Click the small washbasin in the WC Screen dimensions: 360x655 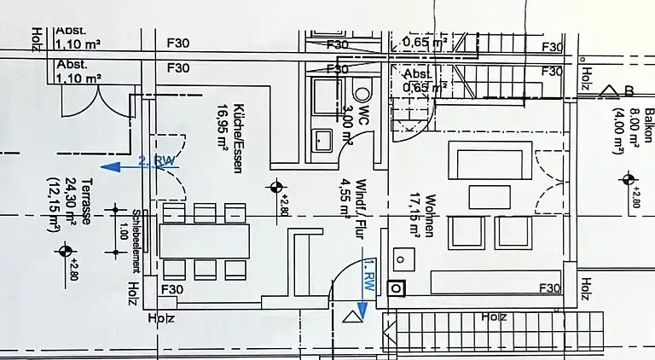[x=322, y=137]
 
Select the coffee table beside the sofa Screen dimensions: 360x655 [x=490, y=196]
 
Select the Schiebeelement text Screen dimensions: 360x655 [x=136, y=241]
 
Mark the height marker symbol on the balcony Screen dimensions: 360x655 [x=629, y=179]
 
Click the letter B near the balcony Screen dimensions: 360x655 [x=629, y=90]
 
